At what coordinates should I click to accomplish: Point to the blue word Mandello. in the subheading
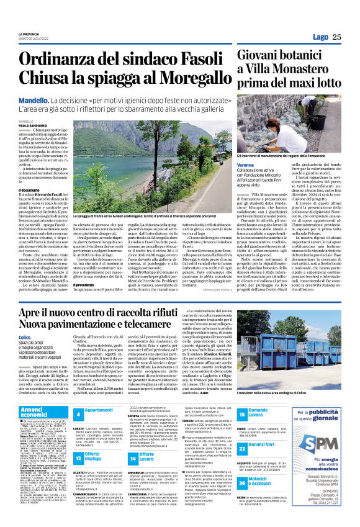[54, 100]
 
